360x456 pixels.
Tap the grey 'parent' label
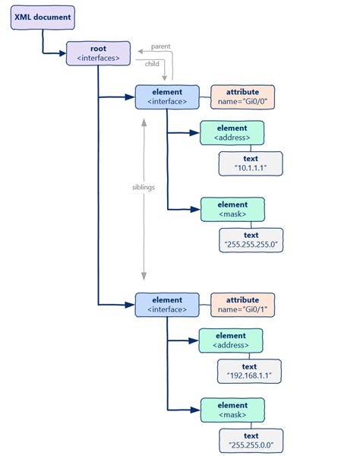click(160, 46)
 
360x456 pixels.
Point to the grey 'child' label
click(152, 64)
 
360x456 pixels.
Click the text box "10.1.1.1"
click(251, 163)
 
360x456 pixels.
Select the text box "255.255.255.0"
click(251, 240)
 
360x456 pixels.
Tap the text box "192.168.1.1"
click(249, 371)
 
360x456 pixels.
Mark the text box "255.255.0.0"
click(251, 440)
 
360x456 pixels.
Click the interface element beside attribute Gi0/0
click(167, 96)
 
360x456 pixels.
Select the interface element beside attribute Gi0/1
click(167, 305)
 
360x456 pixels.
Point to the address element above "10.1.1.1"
click(232, 133)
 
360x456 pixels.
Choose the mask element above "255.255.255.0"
click(232, 209)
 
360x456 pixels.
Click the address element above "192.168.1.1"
click(231, 340)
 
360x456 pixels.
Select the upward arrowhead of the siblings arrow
click(144, 120)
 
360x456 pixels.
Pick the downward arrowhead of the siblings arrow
click(144, 277)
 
